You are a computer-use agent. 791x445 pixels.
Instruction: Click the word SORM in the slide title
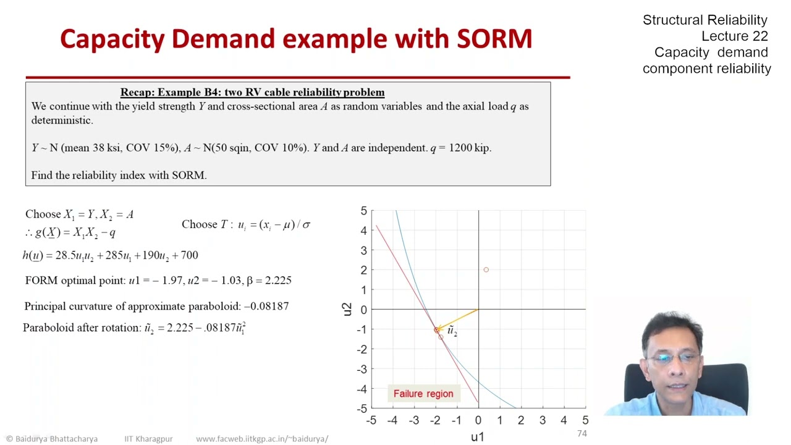coord(494,39)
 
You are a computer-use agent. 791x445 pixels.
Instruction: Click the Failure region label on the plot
coord(423,394)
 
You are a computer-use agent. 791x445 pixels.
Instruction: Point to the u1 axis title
coord(478,437)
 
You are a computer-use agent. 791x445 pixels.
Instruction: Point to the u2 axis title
coord(347,309)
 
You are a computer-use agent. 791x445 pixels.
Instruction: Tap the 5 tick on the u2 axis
coord(363,211)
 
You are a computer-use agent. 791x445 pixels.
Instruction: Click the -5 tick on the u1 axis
coord(371,421)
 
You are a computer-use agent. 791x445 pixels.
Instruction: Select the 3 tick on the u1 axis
coord(543,421)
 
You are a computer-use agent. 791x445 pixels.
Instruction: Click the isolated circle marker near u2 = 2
coord(486,270)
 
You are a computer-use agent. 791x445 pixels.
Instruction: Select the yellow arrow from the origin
coord(457,319)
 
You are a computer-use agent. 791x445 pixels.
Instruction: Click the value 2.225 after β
coord(277,281)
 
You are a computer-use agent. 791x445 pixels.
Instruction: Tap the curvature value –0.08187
coord(266,306)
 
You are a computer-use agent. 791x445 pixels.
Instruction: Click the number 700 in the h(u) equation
coord(189,255)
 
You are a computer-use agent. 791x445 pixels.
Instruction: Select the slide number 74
coord(582,434)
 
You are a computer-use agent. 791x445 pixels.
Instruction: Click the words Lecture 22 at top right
coord(734,36)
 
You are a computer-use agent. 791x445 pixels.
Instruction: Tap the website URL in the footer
coord(262,439)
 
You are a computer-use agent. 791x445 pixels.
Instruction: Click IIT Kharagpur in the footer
coord(148,439)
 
